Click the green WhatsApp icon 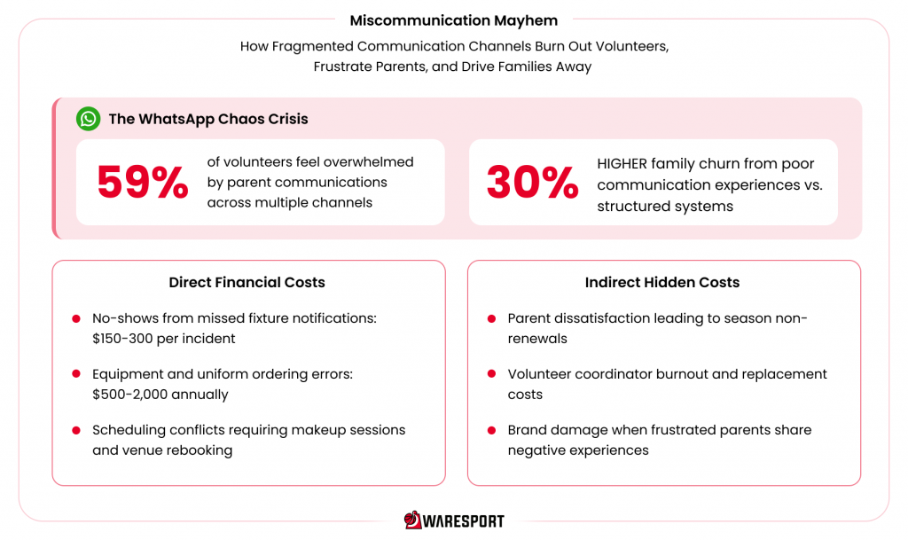click(x=88, y=119)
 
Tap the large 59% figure click(x=143, y=183)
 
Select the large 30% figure click(x=532, y=183)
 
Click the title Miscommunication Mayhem click(x=453, y=20)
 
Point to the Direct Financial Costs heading click(x=247, y=283)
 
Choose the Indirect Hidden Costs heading click(x=661, y=283)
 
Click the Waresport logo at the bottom click(x=454, y=520)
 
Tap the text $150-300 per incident click(x=164, y=339)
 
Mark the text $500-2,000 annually click(x=160, y=395)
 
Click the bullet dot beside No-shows click(x=76, y=318)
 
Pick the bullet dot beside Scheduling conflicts click(x=76, y=430)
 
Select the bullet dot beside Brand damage click(x=491, y=430)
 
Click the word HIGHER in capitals click(x=622, y=164)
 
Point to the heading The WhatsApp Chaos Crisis click(x=208, y=119)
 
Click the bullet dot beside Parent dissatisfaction click(x=491, y=318)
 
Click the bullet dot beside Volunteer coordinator click(x=491, y=374)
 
